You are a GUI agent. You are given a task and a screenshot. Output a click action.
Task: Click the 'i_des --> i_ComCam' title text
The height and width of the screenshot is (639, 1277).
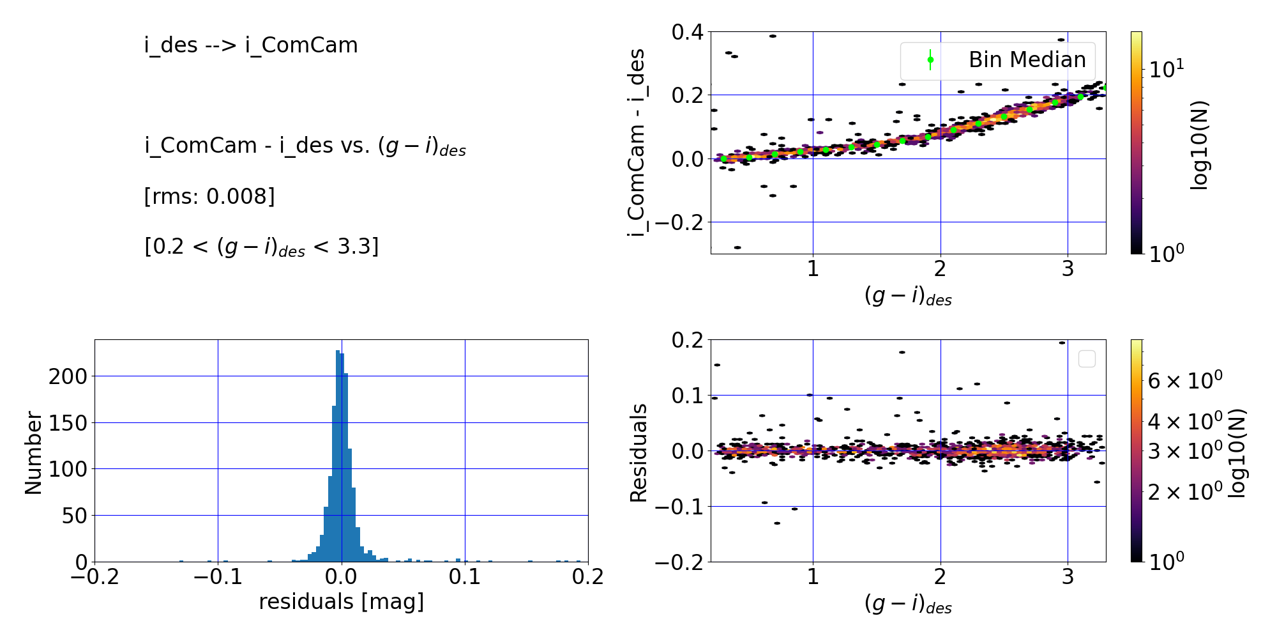point(251,45)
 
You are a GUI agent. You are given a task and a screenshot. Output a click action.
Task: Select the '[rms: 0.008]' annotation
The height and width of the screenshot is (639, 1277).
point(209,196)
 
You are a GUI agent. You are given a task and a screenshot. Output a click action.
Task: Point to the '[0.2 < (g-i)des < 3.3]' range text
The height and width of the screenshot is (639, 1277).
point(262,247)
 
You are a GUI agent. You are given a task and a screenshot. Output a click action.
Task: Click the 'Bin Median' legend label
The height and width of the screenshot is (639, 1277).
point(1027,59)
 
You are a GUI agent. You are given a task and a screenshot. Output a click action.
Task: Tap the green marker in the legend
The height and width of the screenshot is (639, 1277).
point(930,60)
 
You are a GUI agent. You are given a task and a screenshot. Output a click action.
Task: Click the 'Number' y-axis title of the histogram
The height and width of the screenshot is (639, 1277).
point(33,452)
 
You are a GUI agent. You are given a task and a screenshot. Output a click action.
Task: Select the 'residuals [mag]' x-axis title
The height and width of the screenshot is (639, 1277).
point(341,601)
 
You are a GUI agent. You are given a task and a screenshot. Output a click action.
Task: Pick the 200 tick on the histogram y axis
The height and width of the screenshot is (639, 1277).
point(68,376)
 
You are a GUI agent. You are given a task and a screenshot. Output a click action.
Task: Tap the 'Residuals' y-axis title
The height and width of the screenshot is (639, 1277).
point(638,452)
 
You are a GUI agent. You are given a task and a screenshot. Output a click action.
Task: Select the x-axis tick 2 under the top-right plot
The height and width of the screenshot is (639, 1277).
point(940,269)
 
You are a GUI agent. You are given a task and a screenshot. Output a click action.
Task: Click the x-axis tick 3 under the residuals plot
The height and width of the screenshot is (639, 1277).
point(1068,577)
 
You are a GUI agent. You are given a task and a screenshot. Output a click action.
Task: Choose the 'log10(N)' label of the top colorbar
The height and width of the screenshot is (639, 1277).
point(1200,146)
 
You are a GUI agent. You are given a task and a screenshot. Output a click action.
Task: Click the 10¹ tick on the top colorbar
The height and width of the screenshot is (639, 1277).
point(1166,69)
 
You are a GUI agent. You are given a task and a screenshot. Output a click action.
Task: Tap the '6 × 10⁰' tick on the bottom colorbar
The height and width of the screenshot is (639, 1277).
point(1184,381)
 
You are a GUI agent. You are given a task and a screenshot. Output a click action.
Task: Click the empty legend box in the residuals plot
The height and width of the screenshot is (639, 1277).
point(1086,359)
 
